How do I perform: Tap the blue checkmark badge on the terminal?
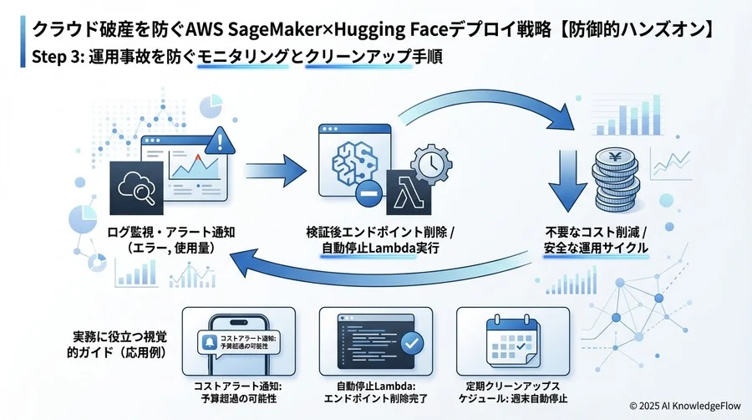[x=411, y=343]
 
